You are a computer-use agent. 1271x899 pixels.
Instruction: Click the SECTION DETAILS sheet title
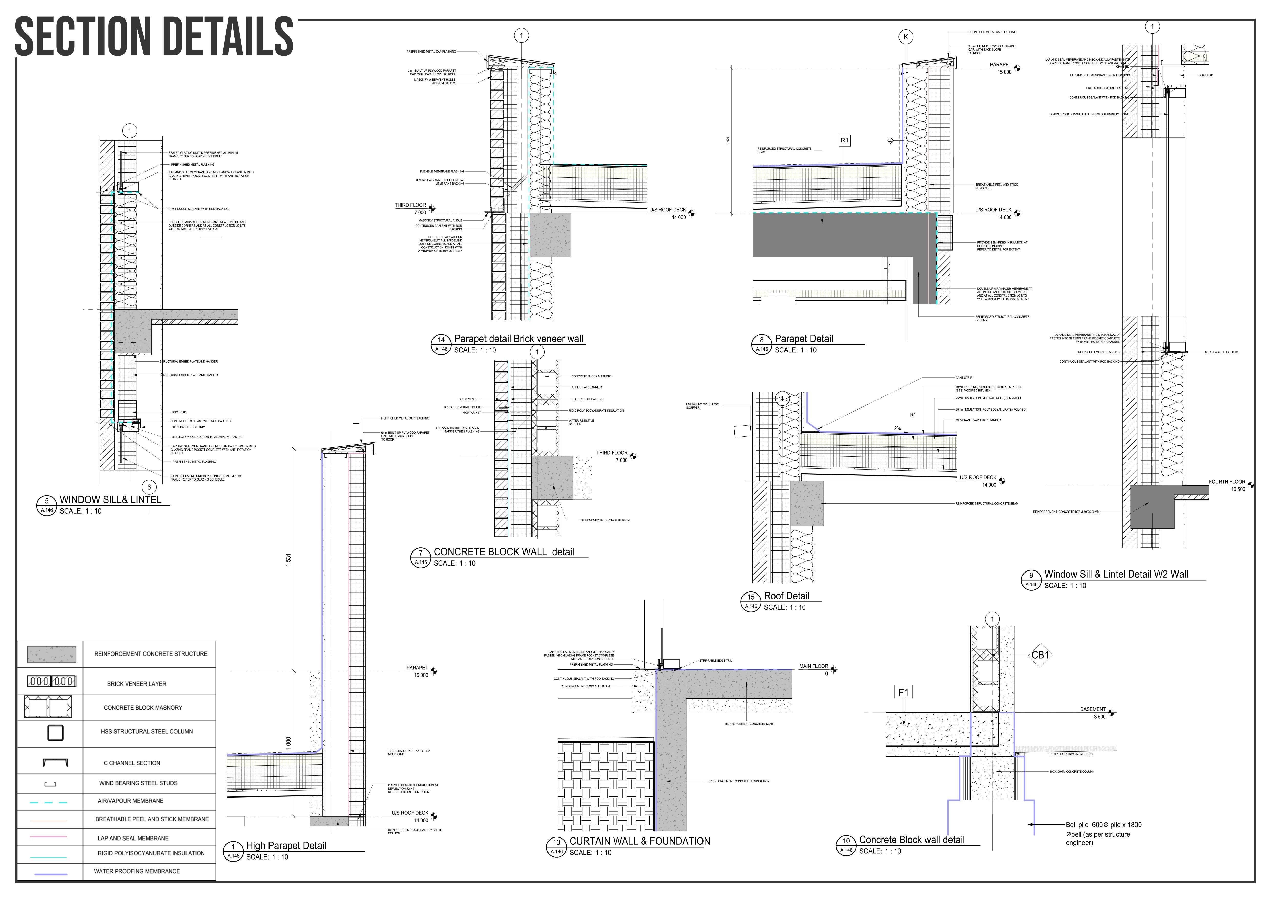154,37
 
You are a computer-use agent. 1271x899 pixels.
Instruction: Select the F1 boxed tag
903,692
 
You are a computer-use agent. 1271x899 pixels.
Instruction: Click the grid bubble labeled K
906,37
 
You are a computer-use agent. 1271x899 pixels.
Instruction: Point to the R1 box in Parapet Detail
844,141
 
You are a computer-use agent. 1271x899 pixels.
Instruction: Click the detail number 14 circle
441,340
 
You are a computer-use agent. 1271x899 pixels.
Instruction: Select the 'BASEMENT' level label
1093,709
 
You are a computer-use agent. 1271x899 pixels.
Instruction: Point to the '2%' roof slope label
897,428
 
